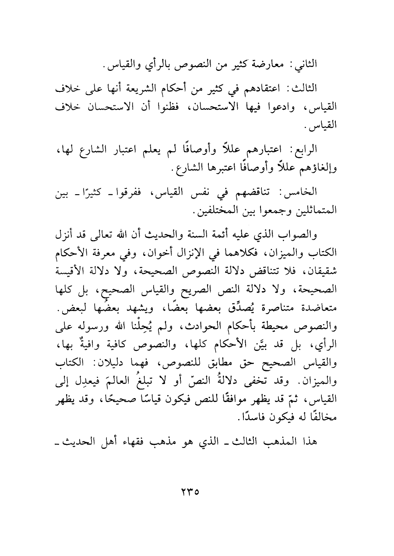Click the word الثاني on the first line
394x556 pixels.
coord(307,64)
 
